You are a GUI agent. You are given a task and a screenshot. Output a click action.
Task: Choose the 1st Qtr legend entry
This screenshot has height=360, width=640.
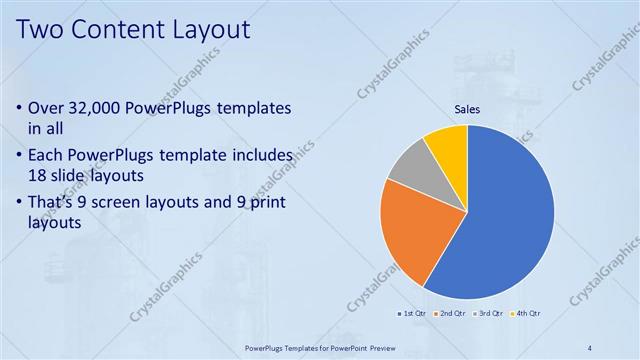coord(411,314)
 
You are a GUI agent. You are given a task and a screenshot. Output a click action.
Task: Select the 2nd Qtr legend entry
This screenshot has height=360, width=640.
coord(449,314)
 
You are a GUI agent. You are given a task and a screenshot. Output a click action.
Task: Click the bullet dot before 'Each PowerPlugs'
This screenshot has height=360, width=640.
coord(20,156)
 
